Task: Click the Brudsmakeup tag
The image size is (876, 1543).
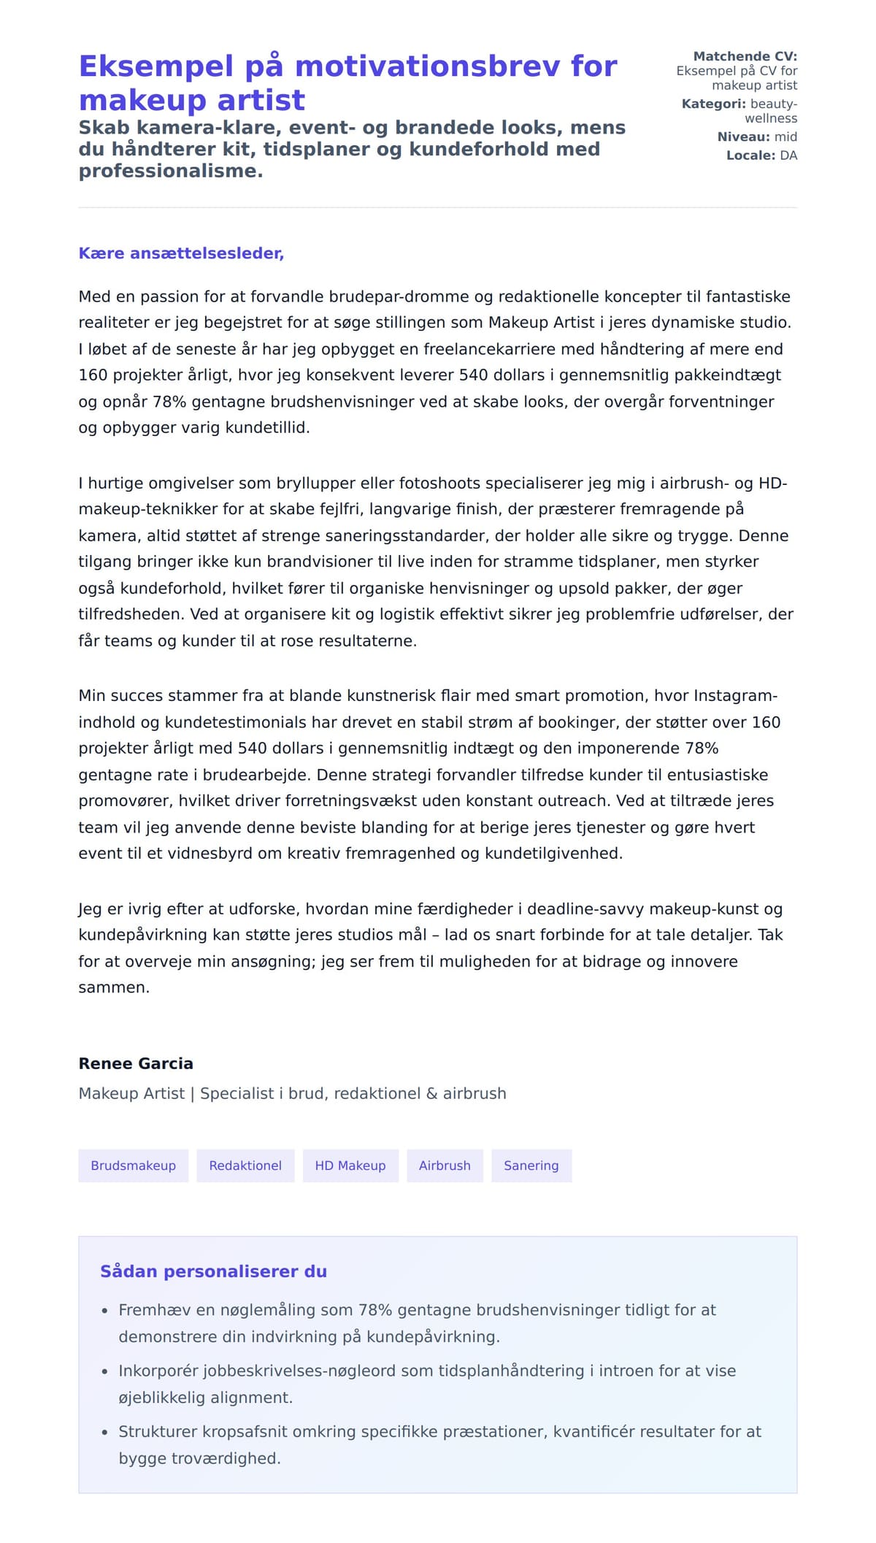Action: point(133,1165)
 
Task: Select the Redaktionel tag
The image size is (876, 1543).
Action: point(245,1165)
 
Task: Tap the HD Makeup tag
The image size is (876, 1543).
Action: point(350,1165)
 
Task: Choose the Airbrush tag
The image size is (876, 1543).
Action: point(445,1165)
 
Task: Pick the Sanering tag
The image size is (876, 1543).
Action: point(531,1165)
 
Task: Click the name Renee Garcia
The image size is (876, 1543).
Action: point(136,1063)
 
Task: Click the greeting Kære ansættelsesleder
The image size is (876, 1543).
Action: point(181,253)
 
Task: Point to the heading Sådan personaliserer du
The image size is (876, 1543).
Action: point(213,1271)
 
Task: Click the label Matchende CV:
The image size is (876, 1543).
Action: point(745,56)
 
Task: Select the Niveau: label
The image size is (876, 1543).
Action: point(743,137)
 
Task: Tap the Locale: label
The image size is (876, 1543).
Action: point(750,156)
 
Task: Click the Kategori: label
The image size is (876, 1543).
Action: point(713,104)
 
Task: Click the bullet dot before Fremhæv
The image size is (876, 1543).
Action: point(104,1312)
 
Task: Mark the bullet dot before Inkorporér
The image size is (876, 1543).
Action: point(104,1372)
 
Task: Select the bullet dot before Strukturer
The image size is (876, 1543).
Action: point(104,1433)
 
